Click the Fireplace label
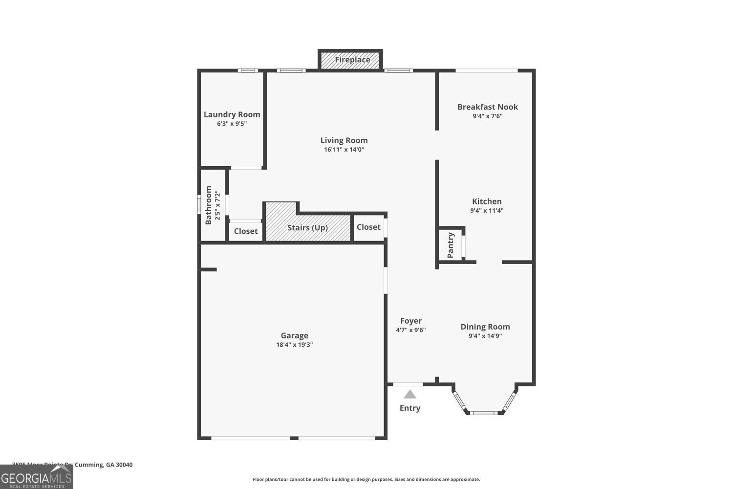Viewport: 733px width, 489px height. pyautogui.click(x=352, y=60)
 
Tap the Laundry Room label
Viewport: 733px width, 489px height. pyautogui.click(x=232, y=114)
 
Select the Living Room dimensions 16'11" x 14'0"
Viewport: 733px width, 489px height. pyautogui.click(x=344, y=150)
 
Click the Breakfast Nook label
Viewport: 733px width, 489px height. pyautogui.click(x=487, y=107)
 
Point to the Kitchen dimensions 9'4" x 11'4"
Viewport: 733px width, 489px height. pyautogui.click(x=487, y=211)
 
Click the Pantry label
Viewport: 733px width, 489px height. pyautogui.click(x=451, y=245)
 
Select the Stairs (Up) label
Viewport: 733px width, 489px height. pyautogui.click(x=307, y=228)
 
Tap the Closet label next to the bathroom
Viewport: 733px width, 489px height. pyautogui.click(x=245, y=231)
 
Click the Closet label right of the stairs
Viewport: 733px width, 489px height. pyautogui.click(x=368, y=227)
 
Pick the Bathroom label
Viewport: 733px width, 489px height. pyautogui.click(x=209, y=205)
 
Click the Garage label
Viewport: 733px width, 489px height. pyautogui.click(x=294, y=335)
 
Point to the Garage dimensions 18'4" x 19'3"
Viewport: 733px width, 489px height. pyautogui.click(x=294, y=345)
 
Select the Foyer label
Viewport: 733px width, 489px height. pyautogui.click(x=410, y=321)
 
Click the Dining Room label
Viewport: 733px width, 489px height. pyautogui.click(x=485, y=327)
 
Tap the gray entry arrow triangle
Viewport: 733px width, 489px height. pyautogui.click(x=410, y=394)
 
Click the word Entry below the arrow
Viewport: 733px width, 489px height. pyautogui.click(x=410, y=408)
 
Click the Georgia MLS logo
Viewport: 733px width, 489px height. pyautogui.click(x=36, y=477)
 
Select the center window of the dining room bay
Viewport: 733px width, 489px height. pyautogui.click(x=484, y=413)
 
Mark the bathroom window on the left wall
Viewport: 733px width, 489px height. pyautogui.click(x=199, y=204)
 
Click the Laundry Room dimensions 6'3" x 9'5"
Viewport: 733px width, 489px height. pyautogui.click(x=232, y=124)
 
